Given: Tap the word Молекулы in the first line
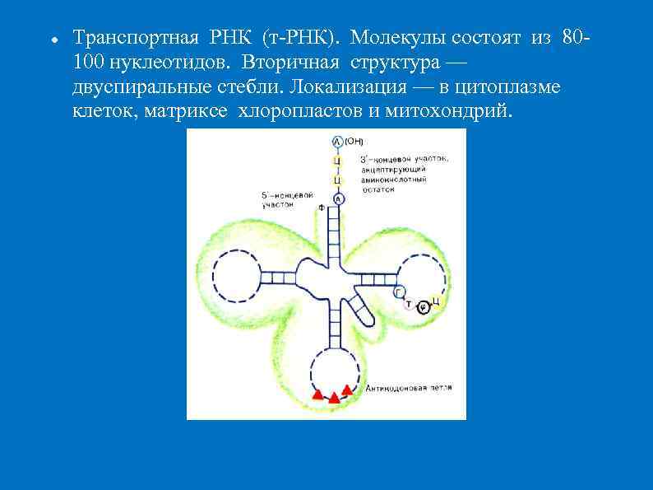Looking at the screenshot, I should click(391, 38).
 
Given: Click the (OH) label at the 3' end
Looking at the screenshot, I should click(354, 141).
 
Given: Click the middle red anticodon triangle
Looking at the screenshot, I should click(334, 397).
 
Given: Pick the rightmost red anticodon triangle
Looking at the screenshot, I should click(347, 390).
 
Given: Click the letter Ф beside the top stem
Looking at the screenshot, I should click(321, 208).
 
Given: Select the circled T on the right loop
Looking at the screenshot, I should click(409, 304).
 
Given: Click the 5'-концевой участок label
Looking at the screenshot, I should click(285, 200).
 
